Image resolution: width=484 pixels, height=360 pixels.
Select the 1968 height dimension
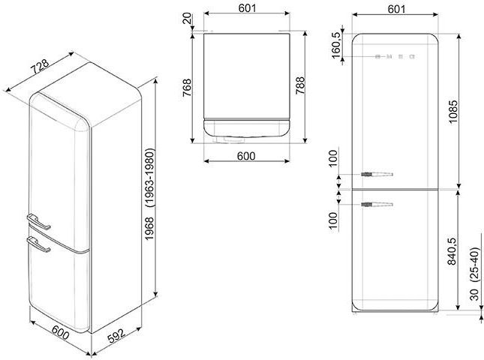pyautogui.click(x=150, y=229)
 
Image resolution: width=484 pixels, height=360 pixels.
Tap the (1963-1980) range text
pyautogui.click(x=150, y=178)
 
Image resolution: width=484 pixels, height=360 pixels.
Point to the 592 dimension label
pyautogui.click(x=116, y=337)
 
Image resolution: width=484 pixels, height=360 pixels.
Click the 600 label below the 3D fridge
pyautogui.click(x=60, y=332)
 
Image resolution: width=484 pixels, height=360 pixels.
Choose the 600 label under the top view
pyautogui.click(x=246, y=156)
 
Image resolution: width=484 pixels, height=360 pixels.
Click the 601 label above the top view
pyautogui.click(x=247, y=8)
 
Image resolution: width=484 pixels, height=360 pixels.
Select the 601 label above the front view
pyautogui.click(x=396, y=9)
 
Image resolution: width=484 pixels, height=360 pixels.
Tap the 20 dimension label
pyautogui.click(x=187, y=19)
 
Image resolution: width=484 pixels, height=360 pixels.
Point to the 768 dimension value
pyautogui.click(x=187, y=88)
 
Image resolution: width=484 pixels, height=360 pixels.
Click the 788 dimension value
pyautogui.click(x=300, y=85)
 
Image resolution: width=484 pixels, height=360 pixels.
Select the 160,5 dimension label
pyautogui.click(x=336, y=45)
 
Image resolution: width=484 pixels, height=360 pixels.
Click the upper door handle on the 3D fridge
pyautogui.click(x=38, y=222)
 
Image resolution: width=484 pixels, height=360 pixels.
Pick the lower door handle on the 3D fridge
pyautogui.click(x=38, y=244)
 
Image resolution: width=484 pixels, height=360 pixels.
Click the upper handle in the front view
pyautogui.click(x=377, y=174)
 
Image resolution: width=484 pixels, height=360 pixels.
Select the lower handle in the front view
pyautogui.click(x=377, y=204)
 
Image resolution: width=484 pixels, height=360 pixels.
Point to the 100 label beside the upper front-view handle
pyautogui.click(x=334, y=158)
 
